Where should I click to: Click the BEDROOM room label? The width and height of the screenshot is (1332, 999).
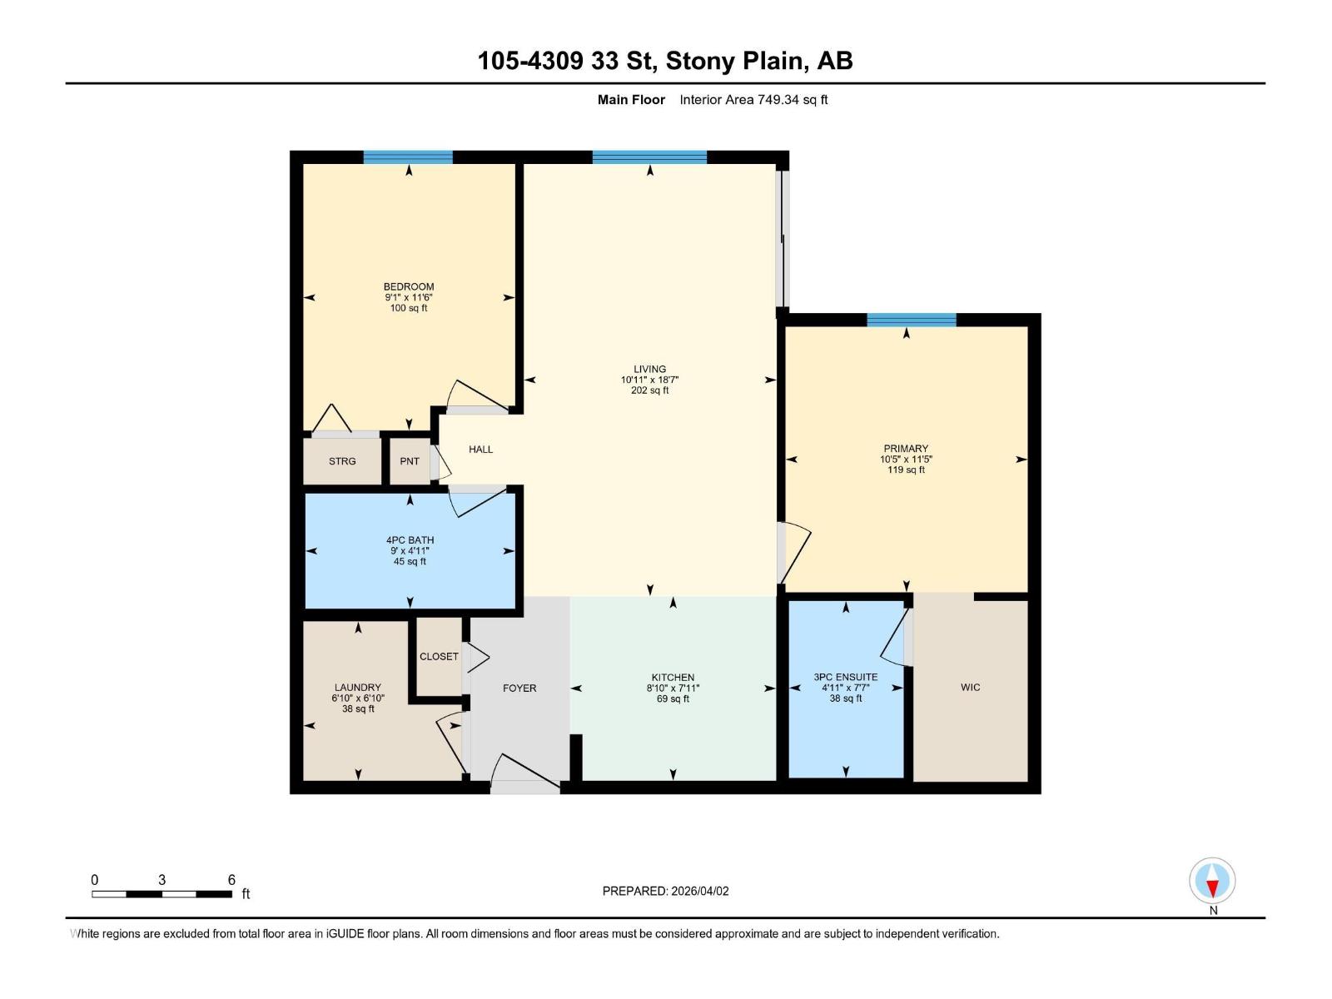coord(408,286)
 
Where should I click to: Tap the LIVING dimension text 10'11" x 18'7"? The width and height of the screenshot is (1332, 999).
coord(649,380)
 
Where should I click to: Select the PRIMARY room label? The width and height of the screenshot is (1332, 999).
coord(906,448)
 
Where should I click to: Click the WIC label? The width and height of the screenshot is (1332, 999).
coord(970,688)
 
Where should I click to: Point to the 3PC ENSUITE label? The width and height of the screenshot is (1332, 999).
coord(845,677)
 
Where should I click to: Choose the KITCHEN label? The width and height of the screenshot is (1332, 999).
coord(673,678)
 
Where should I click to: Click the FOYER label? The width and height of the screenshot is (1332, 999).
coord(519,688)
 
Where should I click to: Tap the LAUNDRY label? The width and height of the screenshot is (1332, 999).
coord(358,688)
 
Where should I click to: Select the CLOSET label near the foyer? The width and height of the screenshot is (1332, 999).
coord(439,657)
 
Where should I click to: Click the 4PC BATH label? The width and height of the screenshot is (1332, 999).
coord(410,540)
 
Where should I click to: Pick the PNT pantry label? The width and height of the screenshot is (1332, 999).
coord(410,461)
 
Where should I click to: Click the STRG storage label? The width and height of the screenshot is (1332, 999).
coord(342,461)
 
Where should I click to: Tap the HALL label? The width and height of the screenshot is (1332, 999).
coord(480,450)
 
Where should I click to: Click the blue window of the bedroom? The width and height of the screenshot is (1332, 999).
coord(408,157)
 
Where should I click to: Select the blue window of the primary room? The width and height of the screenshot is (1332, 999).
coord(911,320)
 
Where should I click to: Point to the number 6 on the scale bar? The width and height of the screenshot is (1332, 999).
coord(231,880)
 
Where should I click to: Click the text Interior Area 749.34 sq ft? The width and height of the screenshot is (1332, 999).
coord(753,100)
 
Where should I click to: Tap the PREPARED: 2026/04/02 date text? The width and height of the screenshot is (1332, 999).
coord(665,891)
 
